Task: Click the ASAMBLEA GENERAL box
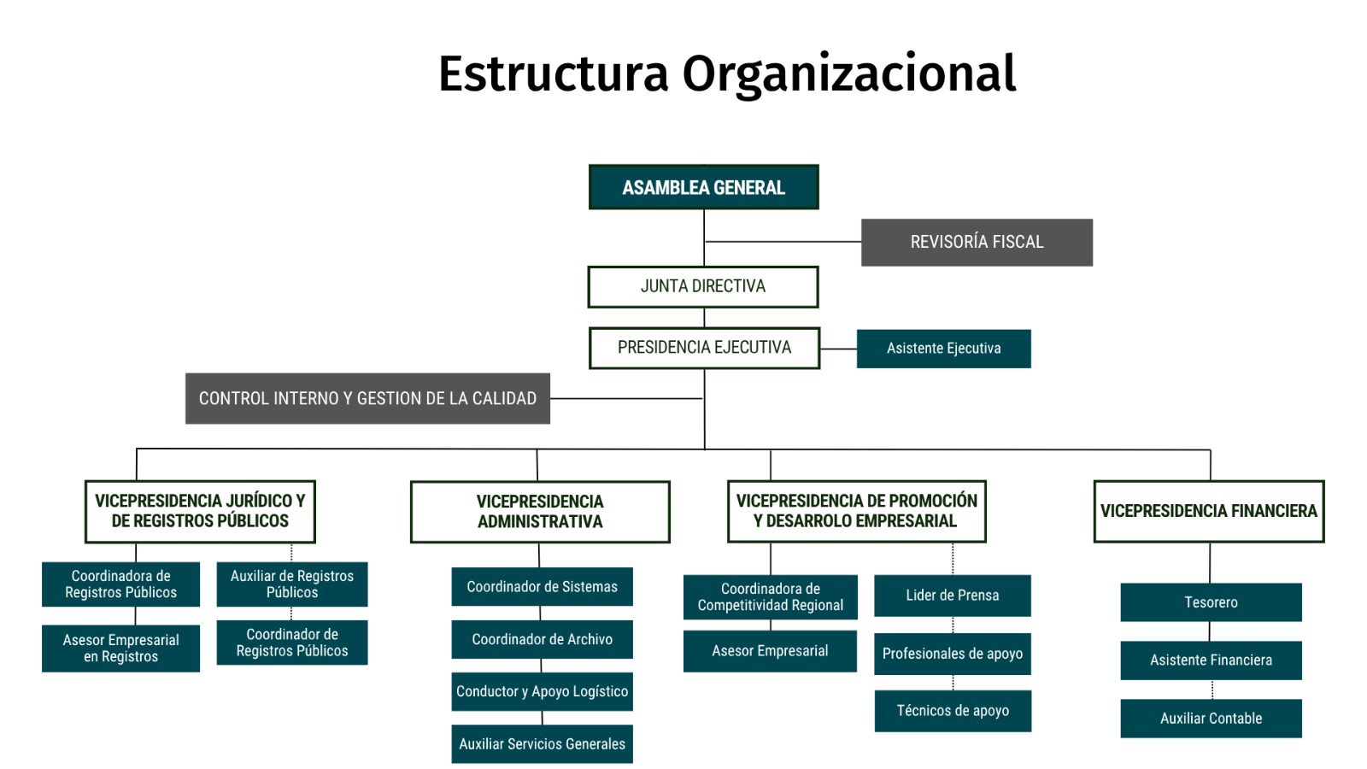[704, 187]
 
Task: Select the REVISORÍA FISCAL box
[977, 243]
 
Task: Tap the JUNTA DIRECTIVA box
[703, 287]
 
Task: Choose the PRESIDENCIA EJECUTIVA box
[704, 348]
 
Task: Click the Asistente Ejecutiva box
[943, 349]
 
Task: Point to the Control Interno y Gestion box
[367, 398]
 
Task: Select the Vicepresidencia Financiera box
[1209, 512]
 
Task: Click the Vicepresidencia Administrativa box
[540, 512]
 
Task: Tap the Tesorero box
[1211, 602]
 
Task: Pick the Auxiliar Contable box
[1211, 719]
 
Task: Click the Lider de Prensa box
[953, 595]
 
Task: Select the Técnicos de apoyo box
[953, 711]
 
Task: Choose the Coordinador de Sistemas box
[542, 586]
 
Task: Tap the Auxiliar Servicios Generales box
[542, 744]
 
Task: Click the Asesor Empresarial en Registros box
[120, 649]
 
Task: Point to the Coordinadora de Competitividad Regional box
[770, 597]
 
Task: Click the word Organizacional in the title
[849, 74]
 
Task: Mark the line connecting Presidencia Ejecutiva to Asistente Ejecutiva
[838, 349]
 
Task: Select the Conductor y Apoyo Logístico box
[542, 691]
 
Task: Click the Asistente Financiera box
[1211, 660]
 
